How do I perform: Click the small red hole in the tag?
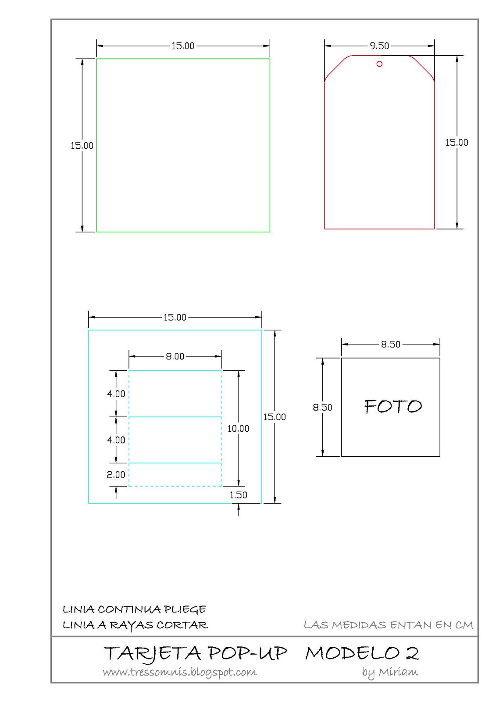click(379, 64)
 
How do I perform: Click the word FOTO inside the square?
click(393, 407)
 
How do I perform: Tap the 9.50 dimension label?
click(379, 46)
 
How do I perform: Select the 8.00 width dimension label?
click(175, 356)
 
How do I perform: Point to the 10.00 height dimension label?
click(238, 429)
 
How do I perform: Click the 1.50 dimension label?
click(238, 495)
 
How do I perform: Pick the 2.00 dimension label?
click(116, 475)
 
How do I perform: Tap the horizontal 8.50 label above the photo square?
click(390, 344)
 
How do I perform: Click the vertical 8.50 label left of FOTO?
click(322, 407)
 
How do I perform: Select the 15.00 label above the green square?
click(183, 46)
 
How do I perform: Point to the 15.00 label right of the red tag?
click(457, 143)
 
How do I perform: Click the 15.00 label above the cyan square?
click(175, 317)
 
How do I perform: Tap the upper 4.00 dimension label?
click(116, 394)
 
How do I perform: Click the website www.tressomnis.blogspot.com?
click(180, 672)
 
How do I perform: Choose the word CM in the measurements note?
click(464, 625)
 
